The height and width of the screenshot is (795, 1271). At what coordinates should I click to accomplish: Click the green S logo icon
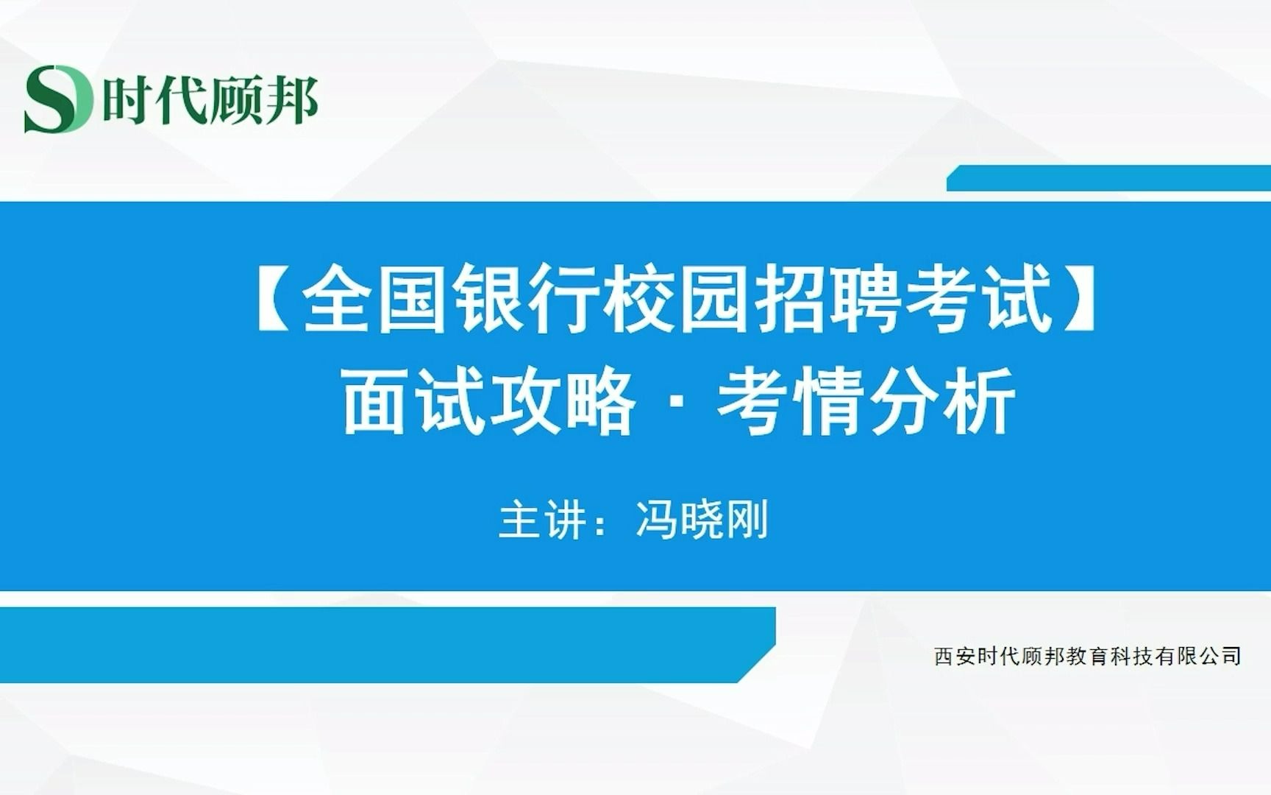[58, 99]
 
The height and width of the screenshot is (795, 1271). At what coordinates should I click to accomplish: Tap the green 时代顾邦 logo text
[210, 100]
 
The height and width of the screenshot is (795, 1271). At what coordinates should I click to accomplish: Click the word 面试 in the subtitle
[415, 401]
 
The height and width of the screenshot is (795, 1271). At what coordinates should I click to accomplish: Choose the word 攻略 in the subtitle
[563, 401]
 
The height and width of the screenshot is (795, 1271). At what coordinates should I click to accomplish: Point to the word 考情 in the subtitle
[790, 401]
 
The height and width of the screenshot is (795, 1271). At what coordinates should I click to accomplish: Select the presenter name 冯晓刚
[702, 520]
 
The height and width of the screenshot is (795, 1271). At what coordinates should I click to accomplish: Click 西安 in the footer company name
[955, 656]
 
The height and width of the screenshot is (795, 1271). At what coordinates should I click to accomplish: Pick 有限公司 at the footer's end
[1198, 656]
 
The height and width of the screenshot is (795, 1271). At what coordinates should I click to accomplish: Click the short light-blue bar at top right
[1108, 178]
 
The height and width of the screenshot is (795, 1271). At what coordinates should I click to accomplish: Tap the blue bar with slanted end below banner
[388, 645]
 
